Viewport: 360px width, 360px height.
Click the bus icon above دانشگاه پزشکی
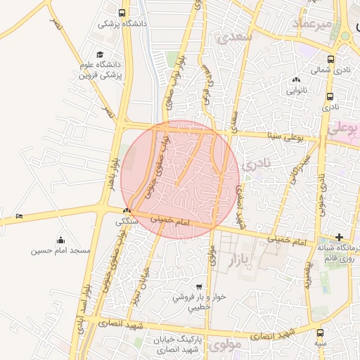click(x=123, y=13)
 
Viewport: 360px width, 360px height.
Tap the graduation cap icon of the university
click(x=100, y=54)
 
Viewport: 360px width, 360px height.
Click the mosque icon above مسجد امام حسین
click(x=60, y=240)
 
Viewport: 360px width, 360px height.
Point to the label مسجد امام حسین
click(x=60, y=251)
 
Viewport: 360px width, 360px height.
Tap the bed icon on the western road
click(x=19, y=215)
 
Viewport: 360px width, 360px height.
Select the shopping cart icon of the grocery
click(x=200, y=287)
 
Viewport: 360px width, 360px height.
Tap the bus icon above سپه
click(x=320, y=332)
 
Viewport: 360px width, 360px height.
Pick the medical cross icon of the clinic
click(x=340, y=237)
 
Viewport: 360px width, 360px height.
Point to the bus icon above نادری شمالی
click(x=331, y=60)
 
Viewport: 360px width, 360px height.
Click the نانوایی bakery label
click(x=295, y=90)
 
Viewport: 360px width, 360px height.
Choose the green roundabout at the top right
click(x=345, y=37)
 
